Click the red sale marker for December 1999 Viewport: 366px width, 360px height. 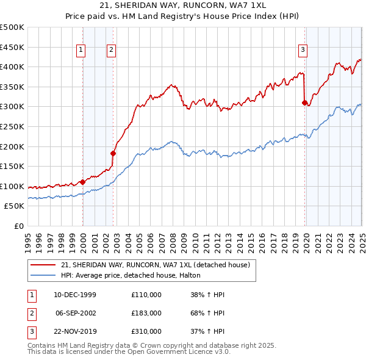[x=82, y=182]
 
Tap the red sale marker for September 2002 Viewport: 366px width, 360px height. [x=113, y=153]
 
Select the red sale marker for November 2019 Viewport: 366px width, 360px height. [x=304, y=103]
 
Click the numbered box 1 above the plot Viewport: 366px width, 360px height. [x=81, y=51]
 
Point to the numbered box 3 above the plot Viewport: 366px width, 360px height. [x=303, y=51]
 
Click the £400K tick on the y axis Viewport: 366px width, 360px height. [x=12, y=67]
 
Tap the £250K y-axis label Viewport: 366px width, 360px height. [x=12, y=127]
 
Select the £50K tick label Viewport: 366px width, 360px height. [x=15, y=206]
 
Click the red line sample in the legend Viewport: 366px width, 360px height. [x=43, y=265]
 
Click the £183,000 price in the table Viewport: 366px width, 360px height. [x=146, y=313]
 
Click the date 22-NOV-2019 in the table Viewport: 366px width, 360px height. [x=75, y=331]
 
